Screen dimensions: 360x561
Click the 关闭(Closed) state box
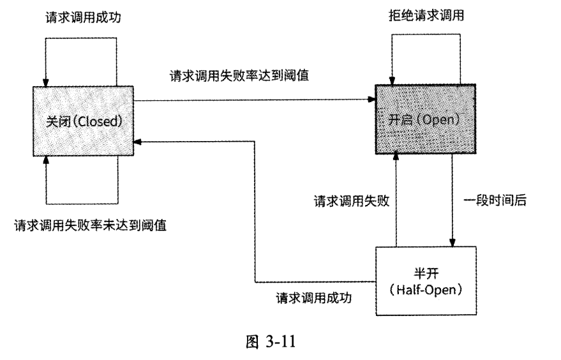[82, 120]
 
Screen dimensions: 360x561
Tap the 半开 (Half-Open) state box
[425, 281]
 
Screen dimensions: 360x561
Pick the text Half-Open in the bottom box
[426, 289]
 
